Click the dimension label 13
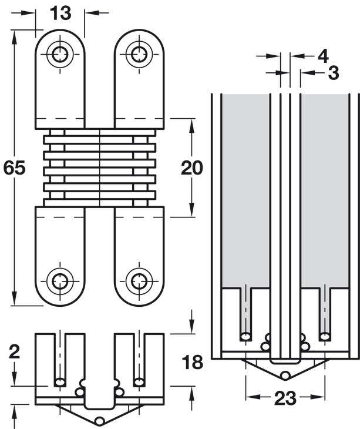tap(60, 13)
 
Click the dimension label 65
tap(14, 167)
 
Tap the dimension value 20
tap(192, 167)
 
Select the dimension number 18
tap(193, 361)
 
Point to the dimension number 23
tap(285, 398)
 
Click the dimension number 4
tap(324, 56)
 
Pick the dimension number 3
tap(333, 73)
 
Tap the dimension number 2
tap(14, 351)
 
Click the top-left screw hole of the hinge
tap(60, 55)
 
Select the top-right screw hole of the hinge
tap(139, 55)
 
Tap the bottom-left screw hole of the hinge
tap(60, 281)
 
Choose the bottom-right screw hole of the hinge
tap(139, 281)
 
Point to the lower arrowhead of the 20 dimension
tap(192, 210)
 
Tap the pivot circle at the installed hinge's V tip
tap(285, 375)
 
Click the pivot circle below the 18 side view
tap(100, 420)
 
